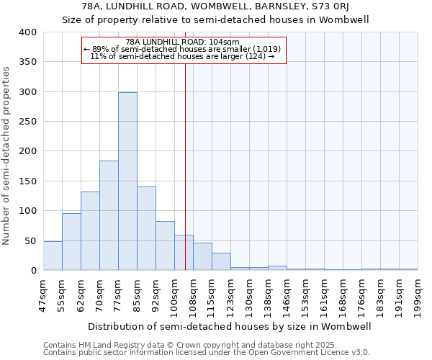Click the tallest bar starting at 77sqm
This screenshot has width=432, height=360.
[127, 181]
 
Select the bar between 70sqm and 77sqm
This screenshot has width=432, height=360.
[109, 215]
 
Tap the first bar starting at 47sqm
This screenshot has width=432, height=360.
[53, 256]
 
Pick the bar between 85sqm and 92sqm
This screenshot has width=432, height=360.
[146, 228]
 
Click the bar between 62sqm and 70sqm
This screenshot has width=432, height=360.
[90, 230]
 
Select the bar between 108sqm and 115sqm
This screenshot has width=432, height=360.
[202, 256]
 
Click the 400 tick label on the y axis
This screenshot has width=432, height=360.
[27, 32]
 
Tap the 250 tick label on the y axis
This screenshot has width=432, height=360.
[27, 122]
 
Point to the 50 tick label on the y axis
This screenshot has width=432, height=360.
[30, 240]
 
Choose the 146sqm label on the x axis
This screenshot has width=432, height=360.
[287, 296]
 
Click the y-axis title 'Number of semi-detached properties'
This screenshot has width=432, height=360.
[7, 155]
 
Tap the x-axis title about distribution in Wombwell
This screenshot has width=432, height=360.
[230, 326]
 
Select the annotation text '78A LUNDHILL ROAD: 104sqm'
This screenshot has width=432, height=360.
[184, 42]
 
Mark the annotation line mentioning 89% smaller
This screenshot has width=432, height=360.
[184, 49]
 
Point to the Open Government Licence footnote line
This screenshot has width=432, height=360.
[207, 353]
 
